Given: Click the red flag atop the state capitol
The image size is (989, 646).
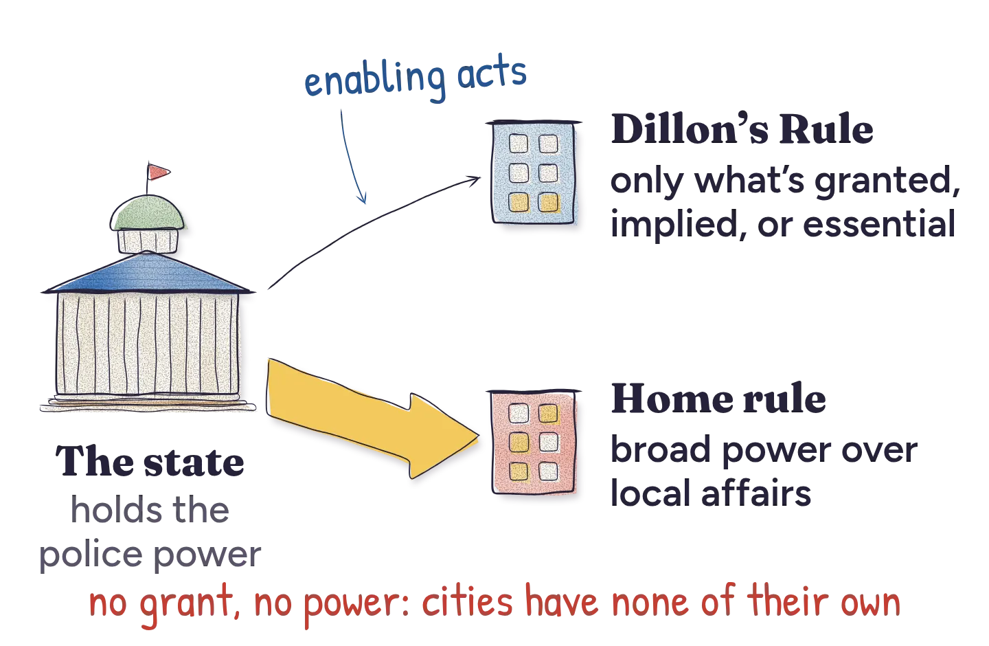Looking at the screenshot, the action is [x=158, y=172].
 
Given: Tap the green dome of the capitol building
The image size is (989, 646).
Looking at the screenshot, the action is [x=147, y=213].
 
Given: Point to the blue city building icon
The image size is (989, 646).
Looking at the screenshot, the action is [x=534, y=172].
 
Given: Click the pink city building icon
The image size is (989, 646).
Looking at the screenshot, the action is [x=534, y=442].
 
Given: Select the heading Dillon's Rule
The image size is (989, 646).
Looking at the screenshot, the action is [x=742, y=129].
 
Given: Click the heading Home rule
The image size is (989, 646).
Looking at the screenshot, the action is [x=718, y=399].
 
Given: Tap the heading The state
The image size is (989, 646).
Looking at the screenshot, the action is [x=150, y=461].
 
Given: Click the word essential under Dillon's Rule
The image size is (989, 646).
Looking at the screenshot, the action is [x=879, y=224].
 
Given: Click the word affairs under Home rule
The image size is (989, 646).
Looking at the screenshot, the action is [x=756, y=492].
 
